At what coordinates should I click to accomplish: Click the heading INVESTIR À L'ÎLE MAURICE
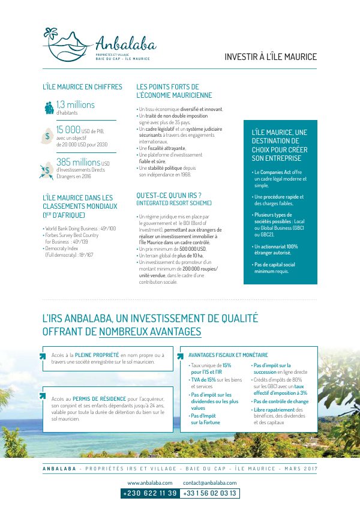click(270, 57)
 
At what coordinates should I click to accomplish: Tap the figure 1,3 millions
click(76, 105)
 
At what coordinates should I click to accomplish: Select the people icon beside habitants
click(49, 108)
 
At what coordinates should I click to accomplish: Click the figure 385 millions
click(78, 162)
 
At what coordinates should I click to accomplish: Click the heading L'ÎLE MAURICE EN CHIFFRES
click(82, 87)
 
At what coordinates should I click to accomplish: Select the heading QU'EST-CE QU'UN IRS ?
click(169, 195)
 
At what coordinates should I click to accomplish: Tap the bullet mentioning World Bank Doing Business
click(80, 229)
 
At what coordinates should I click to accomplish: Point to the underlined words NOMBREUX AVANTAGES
click(150, 331)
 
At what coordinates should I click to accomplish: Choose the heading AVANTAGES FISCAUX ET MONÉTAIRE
click(228, 355)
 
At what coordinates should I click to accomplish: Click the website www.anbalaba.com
click(150, 482)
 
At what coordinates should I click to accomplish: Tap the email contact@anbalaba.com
click(210, 482)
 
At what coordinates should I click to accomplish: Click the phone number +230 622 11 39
click(150, 493)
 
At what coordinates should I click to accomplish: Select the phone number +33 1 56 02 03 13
click(210, 493)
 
